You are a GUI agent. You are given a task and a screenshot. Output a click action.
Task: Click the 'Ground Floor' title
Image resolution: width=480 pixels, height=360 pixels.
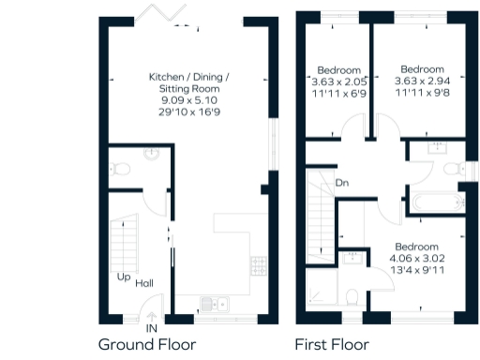147,344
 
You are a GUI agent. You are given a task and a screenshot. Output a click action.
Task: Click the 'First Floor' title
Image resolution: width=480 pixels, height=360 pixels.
332,344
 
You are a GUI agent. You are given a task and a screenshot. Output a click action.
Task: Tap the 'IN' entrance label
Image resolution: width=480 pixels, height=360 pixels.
150,328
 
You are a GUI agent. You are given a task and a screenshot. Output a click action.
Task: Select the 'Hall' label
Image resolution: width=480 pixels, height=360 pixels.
144,283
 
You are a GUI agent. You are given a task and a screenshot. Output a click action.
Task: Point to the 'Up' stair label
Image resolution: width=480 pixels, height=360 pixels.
123,277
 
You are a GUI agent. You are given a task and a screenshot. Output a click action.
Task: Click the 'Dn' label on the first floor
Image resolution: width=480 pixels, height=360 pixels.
343,183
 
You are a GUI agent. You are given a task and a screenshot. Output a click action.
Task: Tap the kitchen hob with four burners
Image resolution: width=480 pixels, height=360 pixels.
258,266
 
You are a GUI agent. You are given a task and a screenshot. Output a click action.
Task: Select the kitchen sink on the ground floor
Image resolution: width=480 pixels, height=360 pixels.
216,303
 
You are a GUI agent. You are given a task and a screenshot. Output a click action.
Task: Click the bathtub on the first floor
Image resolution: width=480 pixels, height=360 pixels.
432,200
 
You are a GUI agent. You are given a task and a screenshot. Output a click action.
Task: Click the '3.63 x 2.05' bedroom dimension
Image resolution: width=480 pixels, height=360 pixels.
338,82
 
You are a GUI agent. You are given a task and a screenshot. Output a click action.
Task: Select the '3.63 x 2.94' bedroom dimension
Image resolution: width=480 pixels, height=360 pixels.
422,81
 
